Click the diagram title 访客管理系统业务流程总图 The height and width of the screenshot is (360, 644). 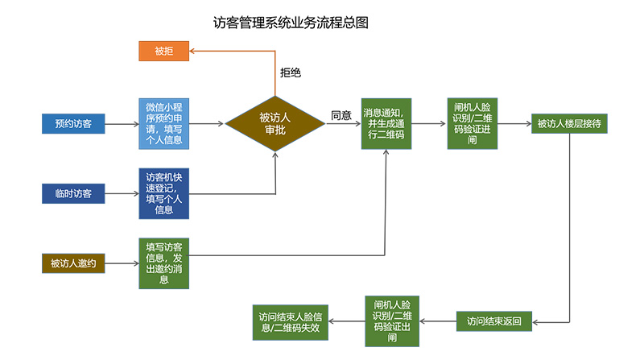(291, 23)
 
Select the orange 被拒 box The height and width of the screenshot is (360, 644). (163, 51)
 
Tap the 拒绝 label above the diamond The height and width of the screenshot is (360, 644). (291, 72)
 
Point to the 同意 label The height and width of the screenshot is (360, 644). (341, 115)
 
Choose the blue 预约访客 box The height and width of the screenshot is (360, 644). (73, 124)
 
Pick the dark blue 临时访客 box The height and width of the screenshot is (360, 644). (73, 193)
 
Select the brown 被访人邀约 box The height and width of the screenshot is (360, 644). (73, 263)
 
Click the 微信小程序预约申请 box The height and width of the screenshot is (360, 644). (163, 124)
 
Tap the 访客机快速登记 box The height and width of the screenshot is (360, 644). (163, 193)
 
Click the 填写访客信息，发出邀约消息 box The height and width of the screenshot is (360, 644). (163, 263)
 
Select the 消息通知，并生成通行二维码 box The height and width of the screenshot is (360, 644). (388, 124)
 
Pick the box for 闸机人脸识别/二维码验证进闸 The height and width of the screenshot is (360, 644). (473, 124)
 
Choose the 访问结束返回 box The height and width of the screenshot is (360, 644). (494, 321)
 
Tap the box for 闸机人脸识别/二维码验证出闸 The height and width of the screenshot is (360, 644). (392, 321)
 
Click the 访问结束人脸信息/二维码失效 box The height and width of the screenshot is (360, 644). (291, 321)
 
